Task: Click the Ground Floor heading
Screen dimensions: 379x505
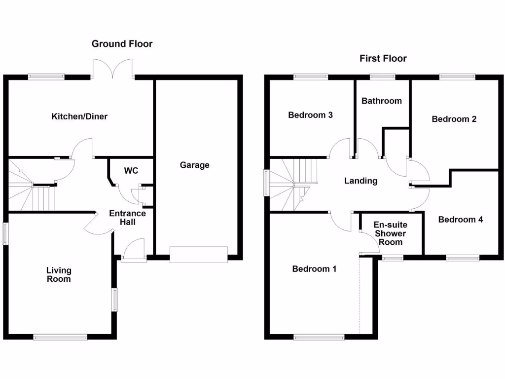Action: (x=122, y=44)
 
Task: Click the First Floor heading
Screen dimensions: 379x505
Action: (x=383, y=59)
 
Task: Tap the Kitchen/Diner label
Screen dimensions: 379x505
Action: (x=79, y=117)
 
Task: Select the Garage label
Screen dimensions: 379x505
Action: (x=194, y=165)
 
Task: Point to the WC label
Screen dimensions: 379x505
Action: (x=131, y=171)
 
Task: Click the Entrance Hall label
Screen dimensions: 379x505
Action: (x=127, y=218)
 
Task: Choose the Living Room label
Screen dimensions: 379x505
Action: (x=59, y=274)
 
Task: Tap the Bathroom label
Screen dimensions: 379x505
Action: (x=381, y=101)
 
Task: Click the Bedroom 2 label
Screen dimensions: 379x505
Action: (x=454, y=119)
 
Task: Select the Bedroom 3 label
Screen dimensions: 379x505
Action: (x=310, y=115)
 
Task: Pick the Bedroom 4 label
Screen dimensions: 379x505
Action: (x=460, y=220)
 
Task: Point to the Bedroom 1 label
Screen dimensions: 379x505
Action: (x=314, y=269)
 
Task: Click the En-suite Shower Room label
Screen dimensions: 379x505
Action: (x=391, y=233)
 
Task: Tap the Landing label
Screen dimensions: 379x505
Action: (x=361, y=181)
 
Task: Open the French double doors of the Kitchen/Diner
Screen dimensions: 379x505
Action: (x=112, y=69)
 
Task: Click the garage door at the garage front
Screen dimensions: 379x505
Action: (x=199, y=254)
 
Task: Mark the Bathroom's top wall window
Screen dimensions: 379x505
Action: (x=383, y=76)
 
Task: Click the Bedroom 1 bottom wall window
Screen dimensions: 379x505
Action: (x=319, y=338)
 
